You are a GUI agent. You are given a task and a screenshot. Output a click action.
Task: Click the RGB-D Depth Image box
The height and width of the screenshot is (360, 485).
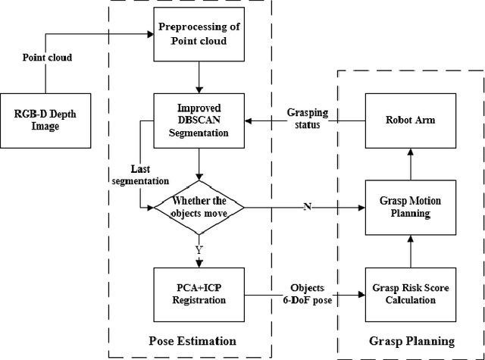47,120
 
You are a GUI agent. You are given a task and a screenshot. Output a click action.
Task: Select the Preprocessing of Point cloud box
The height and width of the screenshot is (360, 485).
198,36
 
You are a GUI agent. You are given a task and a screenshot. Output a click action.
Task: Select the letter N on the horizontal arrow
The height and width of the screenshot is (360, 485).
306,206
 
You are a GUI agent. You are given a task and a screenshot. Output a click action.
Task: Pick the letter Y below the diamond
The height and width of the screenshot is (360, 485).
198,248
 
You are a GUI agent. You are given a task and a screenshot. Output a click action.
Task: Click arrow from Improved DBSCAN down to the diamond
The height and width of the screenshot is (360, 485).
198,165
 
